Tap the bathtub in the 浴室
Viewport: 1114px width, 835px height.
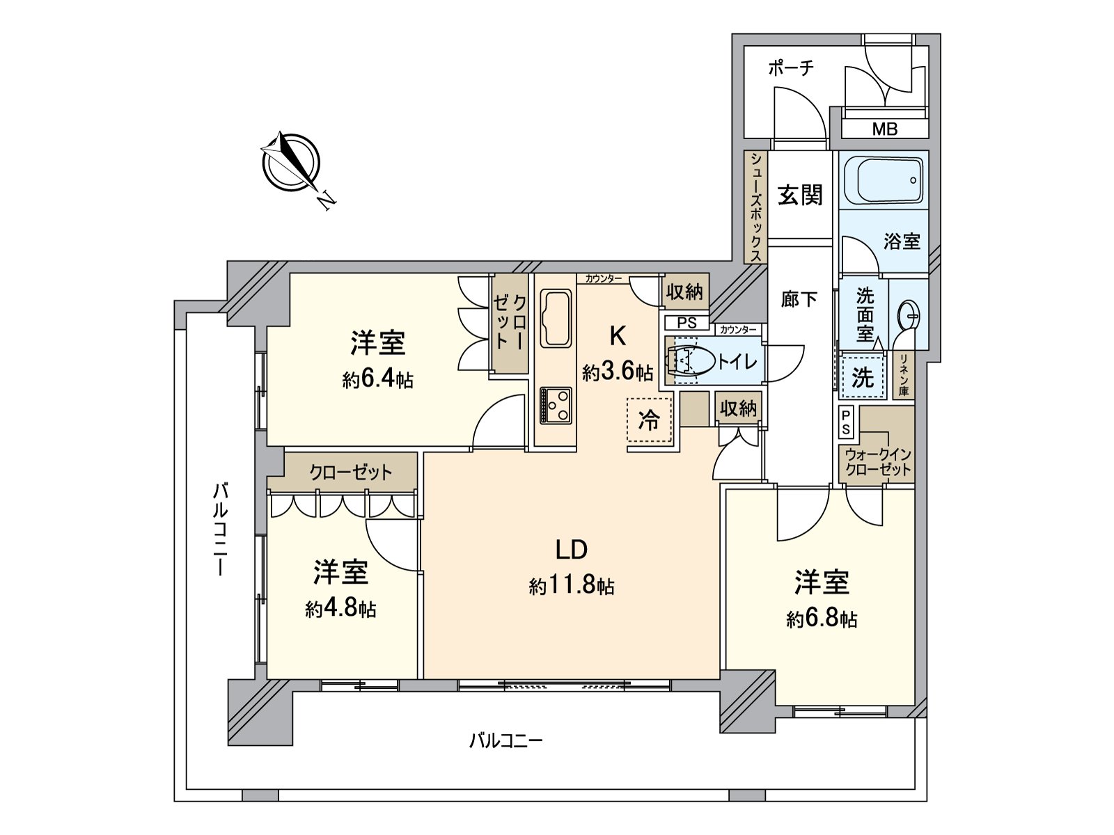883,180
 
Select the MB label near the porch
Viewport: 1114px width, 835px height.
884,129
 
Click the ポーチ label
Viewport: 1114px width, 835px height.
790,68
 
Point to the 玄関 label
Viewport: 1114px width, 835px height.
800,196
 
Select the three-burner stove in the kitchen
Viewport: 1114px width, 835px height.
556,406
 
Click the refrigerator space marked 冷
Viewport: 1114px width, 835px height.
649,420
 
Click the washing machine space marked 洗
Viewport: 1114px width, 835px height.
862,378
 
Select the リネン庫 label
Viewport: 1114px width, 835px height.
904,375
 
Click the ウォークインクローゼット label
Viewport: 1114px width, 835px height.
878,462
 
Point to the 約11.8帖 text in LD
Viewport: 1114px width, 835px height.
571,587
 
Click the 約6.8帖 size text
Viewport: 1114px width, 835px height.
822,619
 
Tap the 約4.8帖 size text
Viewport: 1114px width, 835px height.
340,610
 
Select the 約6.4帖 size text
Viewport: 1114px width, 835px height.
377,380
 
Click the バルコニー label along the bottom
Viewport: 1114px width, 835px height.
505,740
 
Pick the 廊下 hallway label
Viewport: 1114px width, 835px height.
799,300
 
